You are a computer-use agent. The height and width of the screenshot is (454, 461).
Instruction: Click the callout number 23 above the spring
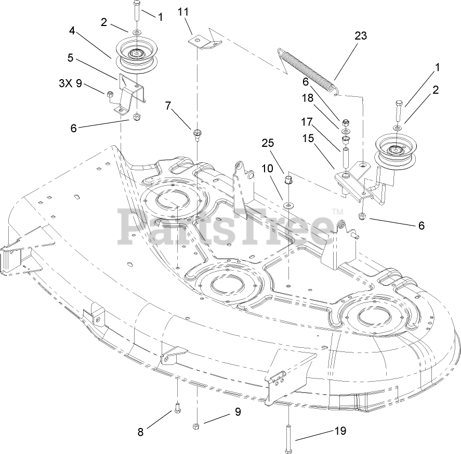360,36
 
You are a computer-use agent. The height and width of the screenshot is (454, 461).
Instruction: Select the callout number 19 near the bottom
340,431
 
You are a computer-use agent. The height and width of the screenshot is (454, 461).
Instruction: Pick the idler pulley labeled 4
135,54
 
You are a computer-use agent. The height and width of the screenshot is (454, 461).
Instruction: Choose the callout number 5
70,58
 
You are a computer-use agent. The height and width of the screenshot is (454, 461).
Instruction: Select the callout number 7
168,106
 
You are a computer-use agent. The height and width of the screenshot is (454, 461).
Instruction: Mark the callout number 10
267,169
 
